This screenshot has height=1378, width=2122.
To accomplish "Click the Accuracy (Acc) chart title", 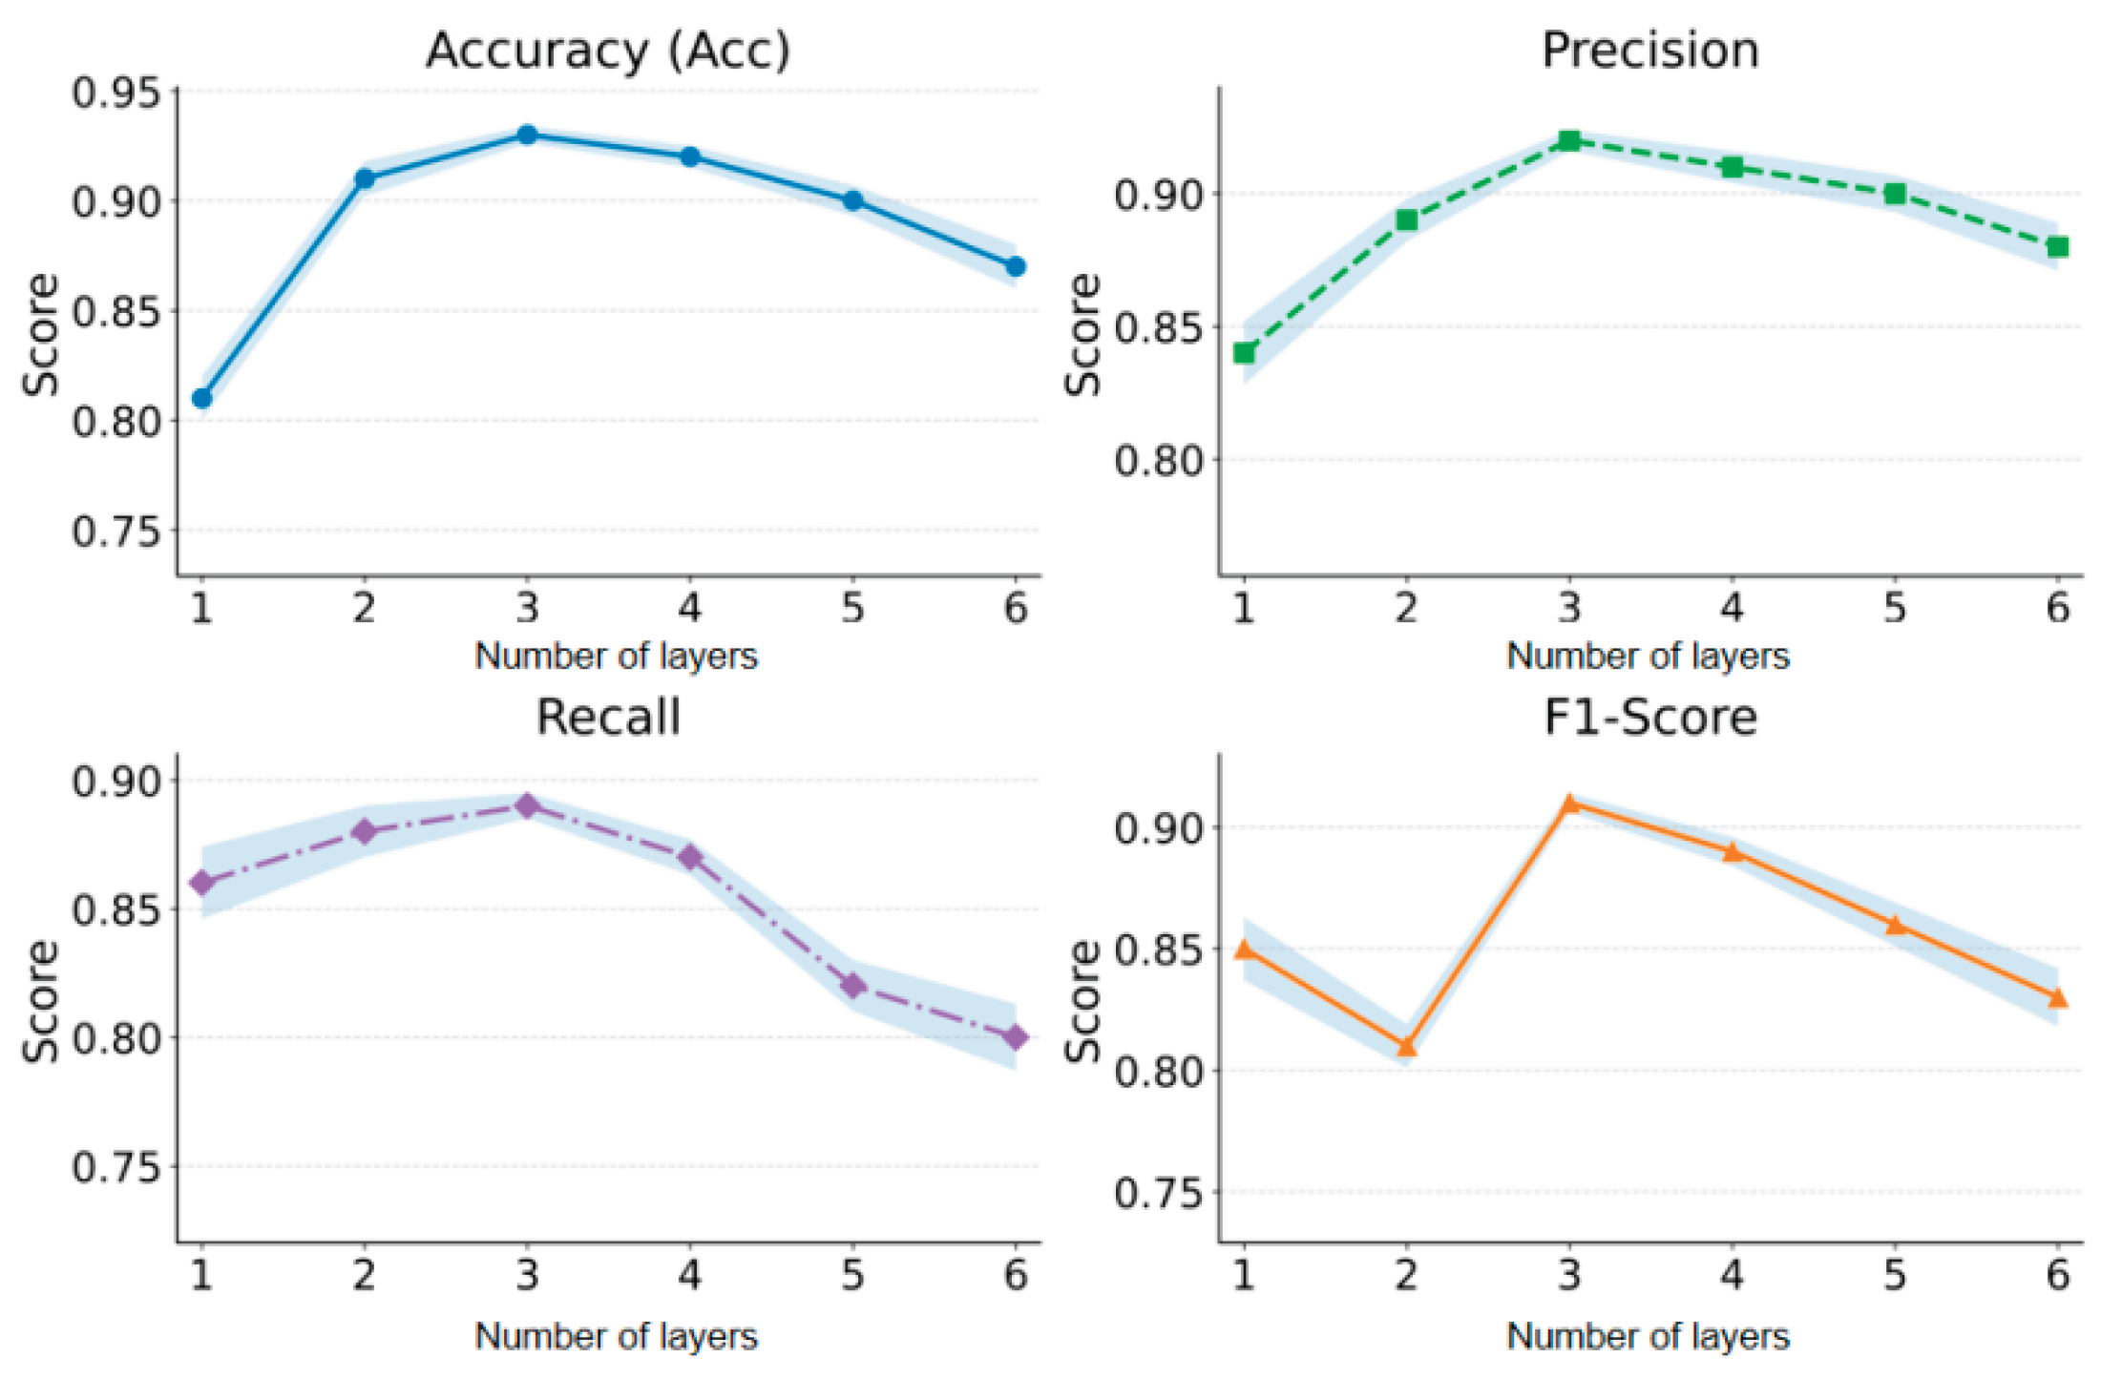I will coord(608,51).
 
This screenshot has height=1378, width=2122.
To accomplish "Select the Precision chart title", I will coord(1649,51).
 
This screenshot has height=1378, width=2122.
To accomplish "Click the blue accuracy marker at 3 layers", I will coord(527,135).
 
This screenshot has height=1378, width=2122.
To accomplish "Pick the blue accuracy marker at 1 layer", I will coord(201,398).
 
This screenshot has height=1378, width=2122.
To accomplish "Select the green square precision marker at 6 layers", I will coord(2058,247).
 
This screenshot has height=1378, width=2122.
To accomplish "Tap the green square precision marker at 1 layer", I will coord(1244,353).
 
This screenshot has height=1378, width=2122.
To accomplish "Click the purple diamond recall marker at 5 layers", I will coord(853,986).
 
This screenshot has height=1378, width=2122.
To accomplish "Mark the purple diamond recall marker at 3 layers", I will coord(527,806).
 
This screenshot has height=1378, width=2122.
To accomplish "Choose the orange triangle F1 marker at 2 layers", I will coord(1406,1047).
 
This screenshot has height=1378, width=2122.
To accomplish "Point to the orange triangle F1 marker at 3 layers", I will coord(1569,804).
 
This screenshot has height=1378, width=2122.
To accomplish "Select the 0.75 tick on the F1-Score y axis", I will coord(1159,1193).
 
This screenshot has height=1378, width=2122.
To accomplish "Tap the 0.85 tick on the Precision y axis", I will coord(1159,327).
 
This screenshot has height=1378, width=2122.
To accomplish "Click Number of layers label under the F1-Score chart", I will coord(1648,1337).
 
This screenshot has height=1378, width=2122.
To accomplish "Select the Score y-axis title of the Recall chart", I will coord(41,1002).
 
